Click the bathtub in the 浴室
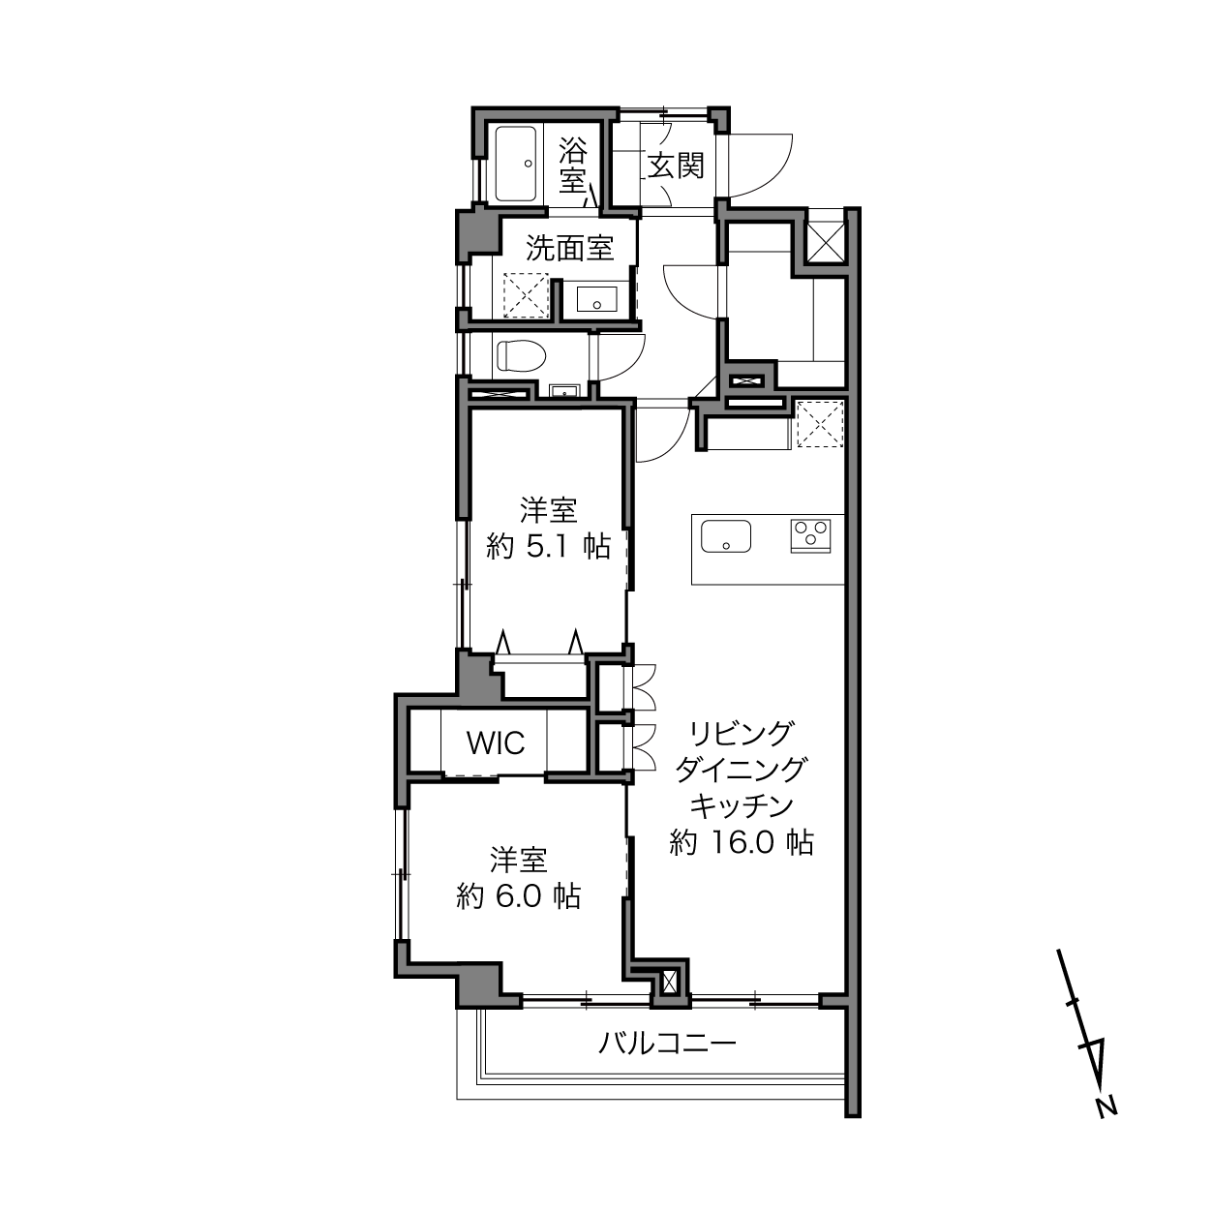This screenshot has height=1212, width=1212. click(x=515, y=164)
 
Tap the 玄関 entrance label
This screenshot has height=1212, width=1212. click(x=676, y=167)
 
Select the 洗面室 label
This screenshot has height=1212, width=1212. click(x=569, y=248)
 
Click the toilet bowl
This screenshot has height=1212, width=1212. click(x=520, y=356)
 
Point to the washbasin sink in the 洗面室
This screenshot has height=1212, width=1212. click(x=597, y=299)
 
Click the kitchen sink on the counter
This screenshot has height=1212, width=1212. click(x=726, y=536)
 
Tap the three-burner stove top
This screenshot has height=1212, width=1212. click(x=810, y=536)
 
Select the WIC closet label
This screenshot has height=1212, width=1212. click(x=496, y=742)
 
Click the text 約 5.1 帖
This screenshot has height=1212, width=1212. click(x=548, y=547)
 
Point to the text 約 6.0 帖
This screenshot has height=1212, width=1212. click(x=518, y=895)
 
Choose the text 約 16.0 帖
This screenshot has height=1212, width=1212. click(x=741, y=842)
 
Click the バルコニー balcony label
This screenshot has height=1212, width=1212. click(x=667, y=1044)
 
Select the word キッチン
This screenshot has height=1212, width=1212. click(x=741, y=805)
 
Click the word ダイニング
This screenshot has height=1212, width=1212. click(x=741, y=770)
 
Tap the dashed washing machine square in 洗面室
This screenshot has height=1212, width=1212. click(x=526, y=295)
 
